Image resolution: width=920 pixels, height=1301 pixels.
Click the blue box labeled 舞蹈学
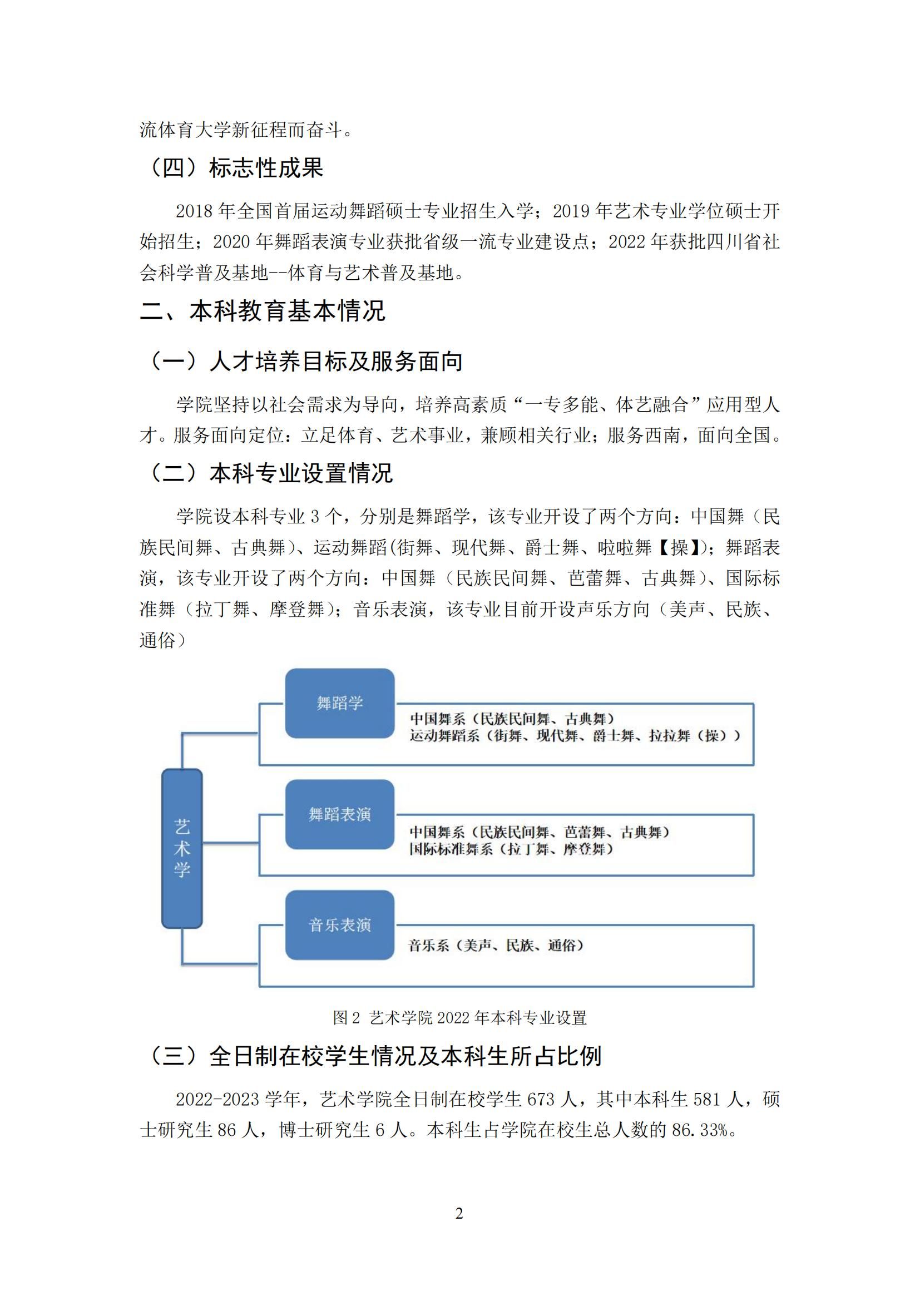tap(339, 703)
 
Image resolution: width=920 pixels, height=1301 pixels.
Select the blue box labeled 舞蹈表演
tap(339, 814)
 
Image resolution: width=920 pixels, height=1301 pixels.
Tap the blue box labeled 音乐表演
tap(339, 925)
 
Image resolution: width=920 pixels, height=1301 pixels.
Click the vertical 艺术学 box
tap(182, 848)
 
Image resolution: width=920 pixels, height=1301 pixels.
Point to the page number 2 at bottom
tap(459, 1213)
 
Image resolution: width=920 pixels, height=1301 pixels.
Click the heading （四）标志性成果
tap(235, 168)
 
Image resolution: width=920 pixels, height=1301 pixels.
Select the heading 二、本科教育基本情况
tap(263, 311)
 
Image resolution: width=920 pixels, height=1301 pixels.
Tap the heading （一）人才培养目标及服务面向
tap(304, 361)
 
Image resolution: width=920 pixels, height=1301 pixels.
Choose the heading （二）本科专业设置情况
tap(269, 473)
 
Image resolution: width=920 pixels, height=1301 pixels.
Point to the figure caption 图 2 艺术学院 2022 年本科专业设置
tap(459, 1018)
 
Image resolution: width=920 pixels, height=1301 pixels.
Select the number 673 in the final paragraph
tap(541, 1099)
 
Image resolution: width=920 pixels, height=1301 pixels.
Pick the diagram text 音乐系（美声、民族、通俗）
tap(496, 945)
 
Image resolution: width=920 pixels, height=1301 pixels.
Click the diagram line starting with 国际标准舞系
tap(511, 849)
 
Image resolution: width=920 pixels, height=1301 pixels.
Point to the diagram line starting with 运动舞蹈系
tap(575, 735)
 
